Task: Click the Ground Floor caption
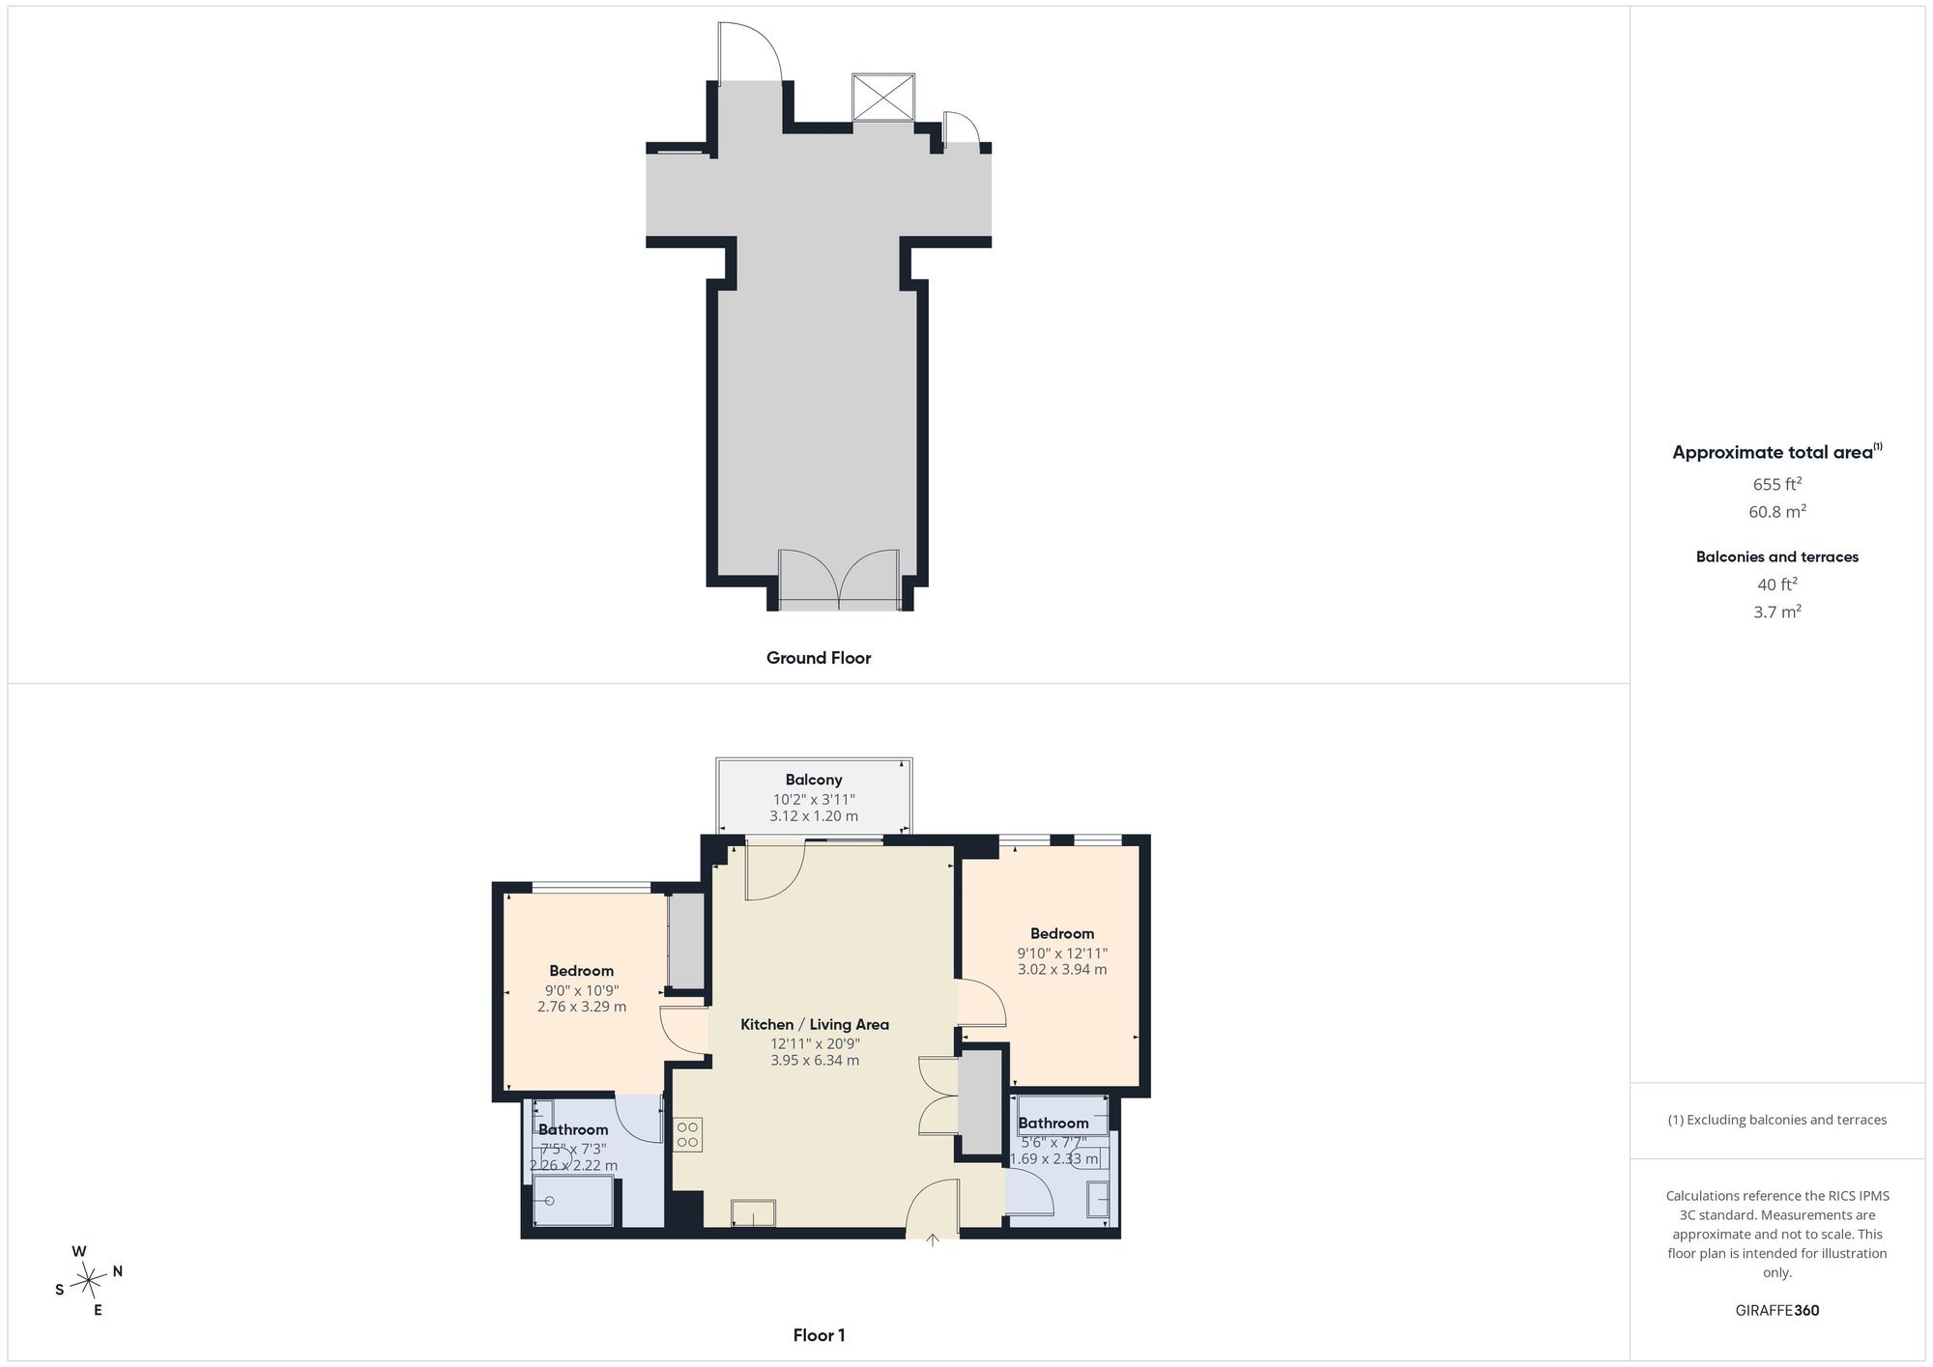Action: [819, 658]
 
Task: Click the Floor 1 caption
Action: [819, 1336]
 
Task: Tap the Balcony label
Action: [814, 780]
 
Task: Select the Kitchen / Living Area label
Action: [815, 1024]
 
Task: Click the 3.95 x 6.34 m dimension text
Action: [815, 1060]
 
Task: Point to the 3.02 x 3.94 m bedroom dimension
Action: [1062, 969]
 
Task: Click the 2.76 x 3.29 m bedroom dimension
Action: [582, 1006]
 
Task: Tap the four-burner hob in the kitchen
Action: [688, 1134]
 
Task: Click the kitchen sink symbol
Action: [753, 1213]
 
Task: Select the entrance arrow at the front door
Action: [933, 1240]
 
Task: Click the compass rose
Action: [88, 1281]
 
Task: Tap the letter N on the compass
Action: [118, 1271]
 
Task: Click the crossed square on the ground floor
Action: [883, 97]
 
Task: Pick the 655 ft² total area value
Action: [1777, 484]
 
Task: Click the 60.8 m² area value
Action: [1777, 511]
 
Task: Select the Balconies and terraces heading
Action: [1777, 556]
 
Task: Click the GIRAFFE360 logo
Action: [1777, 1311]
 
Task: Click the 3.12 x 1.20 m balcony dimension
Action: [814, 816]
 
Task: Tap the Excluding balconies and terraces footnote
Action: [1777, 1121]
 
